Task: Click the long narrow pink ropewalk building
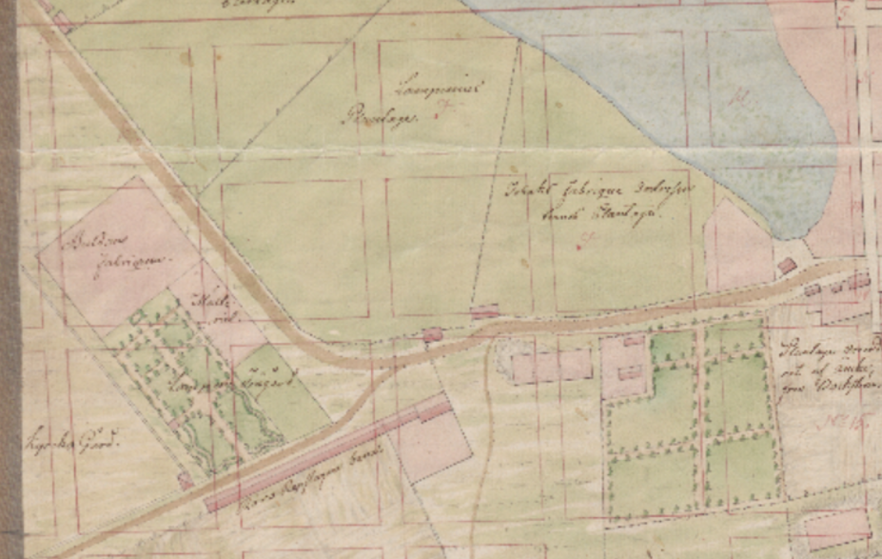click(323, 453)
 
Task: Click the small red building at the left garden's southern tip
click(185, 481)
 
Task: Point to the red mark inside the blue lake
click(738, 95)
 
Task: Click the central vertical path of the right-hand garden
click(701, 419)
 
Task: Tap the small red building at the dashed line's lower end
click(485, 311)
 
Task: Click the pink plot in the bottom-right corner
click(837, 529)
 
